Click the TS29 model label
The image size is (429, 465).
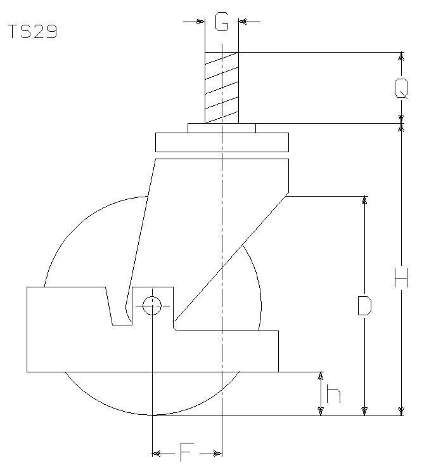coord(32,32)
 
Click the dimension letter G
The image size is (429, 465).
coord(222,22)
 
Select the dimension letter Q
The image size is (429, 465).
coord(401,88)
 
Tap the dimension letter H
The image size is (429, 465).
coord(401,278)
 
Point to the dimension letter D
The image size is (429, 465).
coord(364,305)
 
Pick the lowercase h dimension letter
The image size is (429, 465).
coord(333,393)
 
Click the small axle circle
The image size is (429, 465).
coord(152,306)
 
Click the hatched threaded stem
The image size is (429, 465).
coord(222,88)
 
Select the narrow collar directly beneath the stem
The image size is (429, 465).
coord(222,128)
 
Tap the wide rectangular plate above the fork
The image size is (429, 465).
coord(222,142)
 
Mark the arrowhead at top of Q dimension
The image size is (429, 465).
coord(401,56)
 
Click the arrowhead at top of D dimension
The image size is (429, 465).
coord(364,200)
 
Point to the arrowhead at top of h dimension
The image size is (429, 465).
coord(320,376)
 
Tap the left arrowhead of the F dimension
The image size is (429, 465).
coord(156,454)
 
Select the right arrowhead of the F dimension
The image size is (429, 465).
coord(218,454)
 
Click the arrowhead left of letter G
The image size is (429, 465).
coord(201,22)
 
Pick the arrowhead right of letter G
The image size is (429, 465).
coord(243,22)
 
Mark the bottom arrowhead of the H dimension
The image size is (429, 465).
coord(401,412)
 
